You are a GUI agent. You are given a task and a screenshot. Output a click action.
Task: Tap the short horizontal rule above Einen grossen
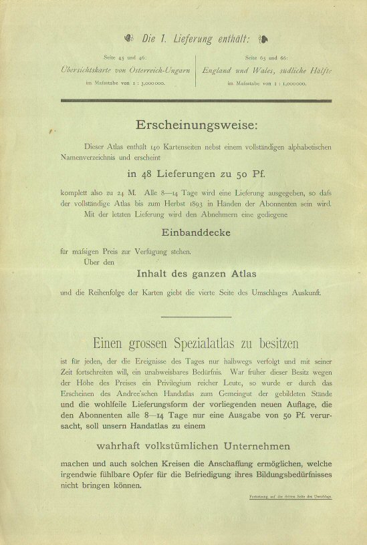tap(197, 317)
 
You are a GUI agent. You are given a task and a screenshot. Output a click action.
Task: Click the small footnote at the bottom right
tap(300, 496)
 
